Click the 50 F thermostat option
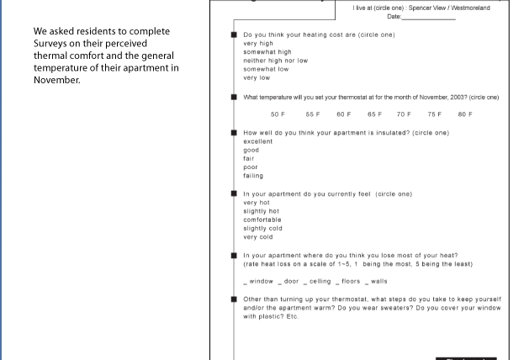pos(278,114)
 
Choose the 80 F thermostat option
pos(465,114)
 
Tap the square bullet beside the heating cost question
pos(234,34)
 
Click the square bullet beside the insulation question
pos(234,133)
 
